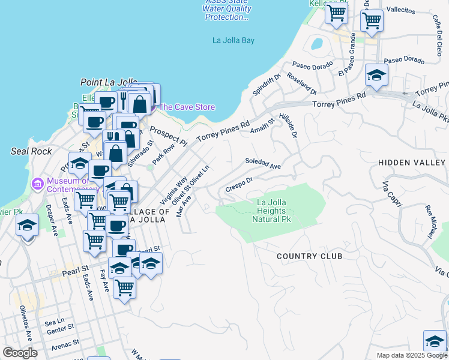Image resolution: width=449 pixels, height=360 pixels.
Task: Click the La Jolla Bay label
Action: point(234,41)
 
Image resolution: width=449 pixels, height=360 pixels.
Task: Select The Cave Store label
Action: point(186,107)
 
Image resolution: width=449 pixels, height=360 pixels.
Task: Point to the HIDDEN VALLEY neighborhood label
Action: point(411,163)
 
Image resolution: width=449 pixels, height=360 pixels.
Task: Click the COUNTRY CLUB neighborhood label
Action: point(309,256)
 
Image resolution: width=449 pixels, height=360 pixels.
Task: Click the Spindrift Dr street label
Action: point(267,85)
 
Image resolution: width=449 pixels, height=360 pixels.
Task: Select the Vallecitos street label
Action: point(401,11)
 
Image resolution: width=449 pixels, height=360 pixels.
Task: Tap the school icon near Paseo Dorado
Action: point(376,76)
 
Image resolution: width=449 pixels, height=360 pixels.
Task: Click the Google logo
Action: point(20,353)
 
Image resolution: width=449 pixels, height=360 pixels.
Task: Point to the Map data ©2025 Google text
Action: point(412,355)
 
